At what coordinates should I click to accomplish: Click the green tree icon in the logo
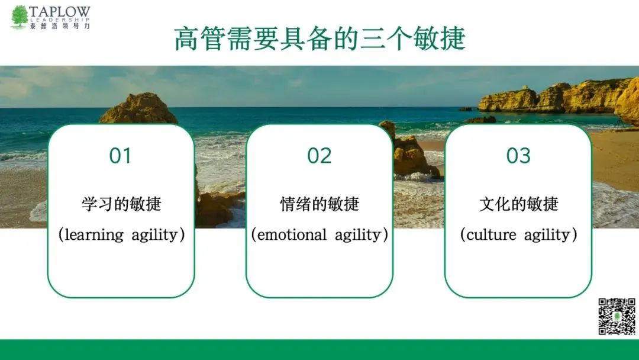[19, 17]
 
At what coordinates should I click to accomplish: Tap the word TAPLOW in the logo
[60, 12]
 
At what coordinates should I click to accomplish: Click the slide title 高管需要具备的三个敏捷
[320, 39]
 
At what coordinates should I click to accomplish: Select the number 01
[120, 155]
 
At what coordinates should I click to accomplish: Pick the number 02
[319, 155]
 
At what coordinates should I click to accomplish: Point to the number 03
[518, 155]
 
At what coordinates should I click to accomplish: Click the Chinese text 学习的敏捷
[121, 204]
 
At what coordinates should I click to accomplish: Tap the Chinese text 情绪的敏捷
[319, 204]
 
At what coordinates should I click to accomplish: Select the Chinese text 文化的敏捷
[518, 204]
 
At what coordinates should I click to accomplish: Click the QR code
[617, 316]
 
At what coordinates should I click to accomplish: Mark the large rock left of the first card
[138, 108]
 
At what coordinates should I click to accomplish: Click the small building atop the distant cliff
[525, 88]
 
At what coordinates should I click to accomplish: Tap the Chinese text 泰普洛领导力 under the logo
[60, 26]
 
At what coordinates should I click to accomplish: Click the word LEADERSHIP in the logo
[60, 20]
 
